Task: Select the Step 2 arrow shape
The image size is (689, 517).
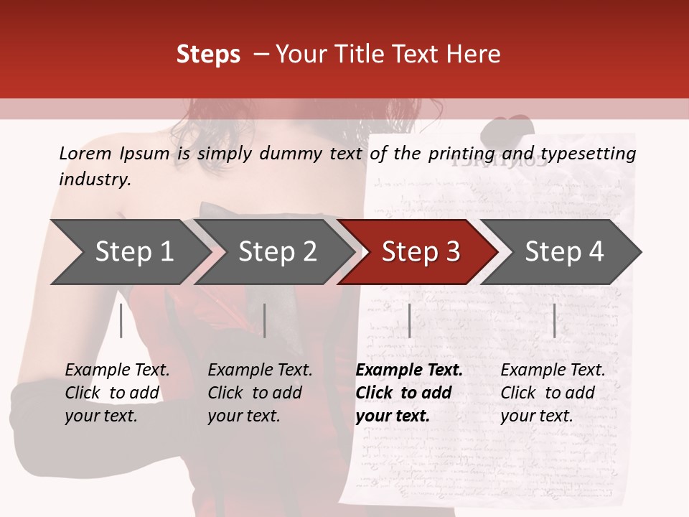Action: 273,252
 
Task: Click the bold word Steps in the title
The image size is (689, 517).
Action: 208,55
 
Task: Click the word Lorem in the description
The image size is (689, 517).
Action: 85,153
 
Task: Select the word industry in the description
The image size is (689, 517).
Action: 95,179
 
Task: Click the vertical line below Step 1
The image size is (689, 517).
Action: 121,320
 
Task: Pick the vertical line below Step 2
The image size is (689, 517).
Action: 265,320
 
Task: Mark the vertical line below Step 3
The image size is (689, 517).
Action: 409,320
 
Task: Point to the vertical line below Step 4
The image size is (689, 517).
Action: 554,320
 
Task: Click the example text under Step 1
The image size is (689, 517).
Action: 117,393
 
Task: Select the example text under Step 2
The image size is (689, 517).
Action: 260,393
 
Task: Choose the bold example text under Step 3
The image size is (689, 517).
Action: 409,393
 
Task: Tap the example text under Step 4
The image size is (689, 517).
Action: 553,393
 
